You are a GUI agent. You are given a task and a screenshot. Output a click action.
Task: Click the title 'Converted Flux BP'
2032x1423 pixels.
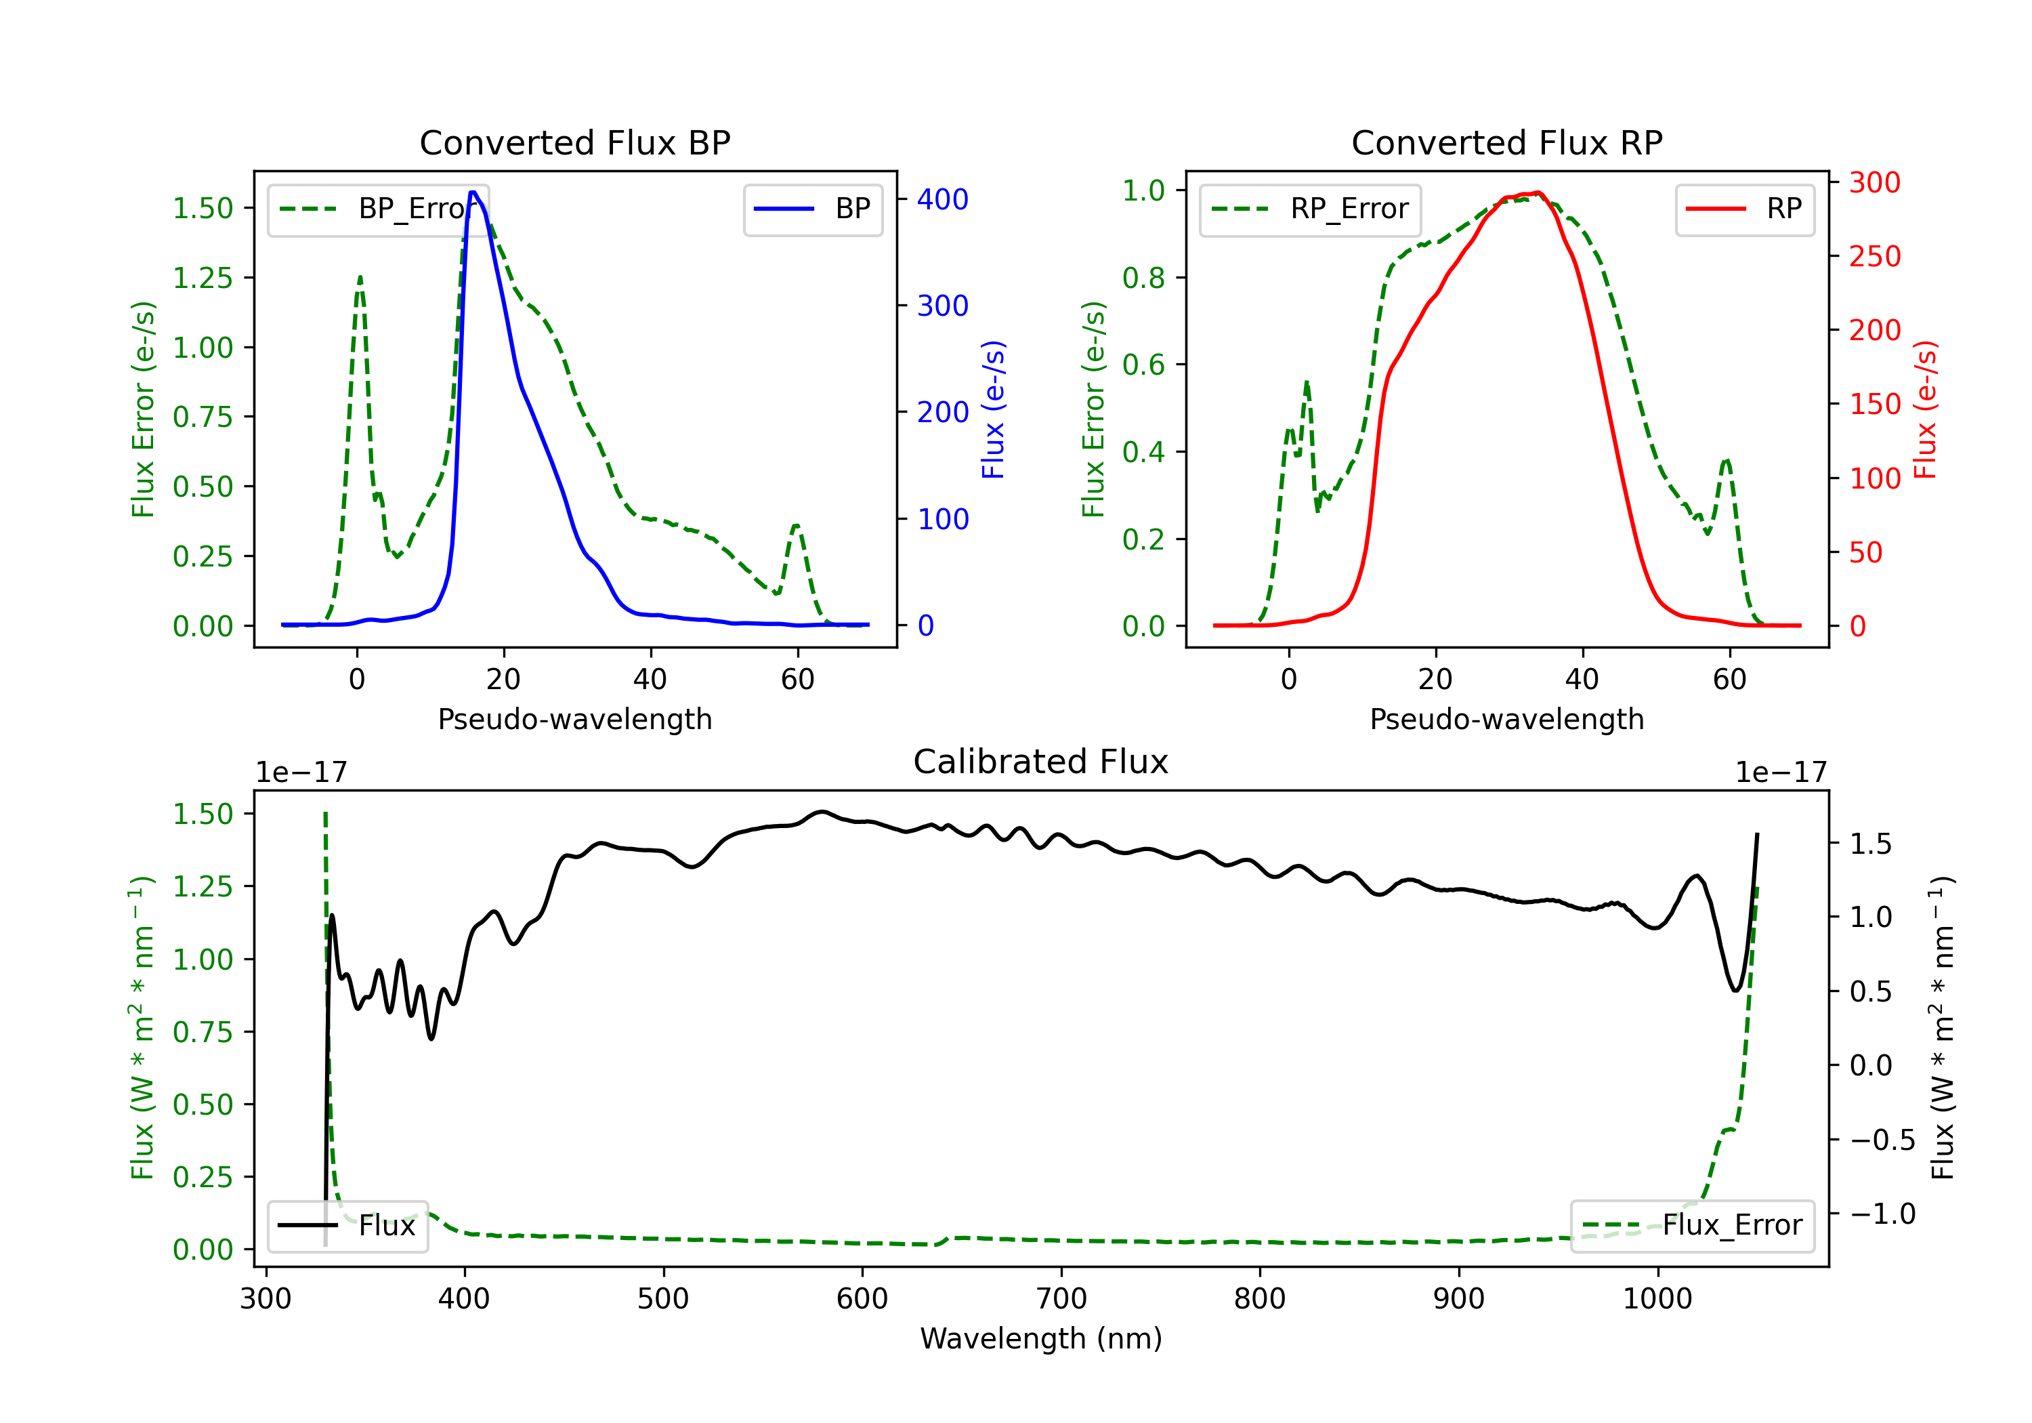(574, 142)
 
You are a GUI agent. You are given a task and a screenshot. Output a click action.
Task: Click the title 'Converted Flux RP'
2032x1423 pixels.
(1506, 142)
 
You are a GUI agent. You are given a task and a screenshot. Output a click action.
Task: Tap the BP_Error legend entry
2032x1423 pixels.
(379, 209)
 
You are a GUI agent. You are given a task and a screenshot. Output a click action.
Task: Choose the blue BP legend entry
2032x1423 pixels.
(812, 209)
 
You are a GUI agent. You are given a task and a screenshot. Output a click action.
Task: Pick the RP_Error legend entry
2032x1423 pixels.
(1310, 209)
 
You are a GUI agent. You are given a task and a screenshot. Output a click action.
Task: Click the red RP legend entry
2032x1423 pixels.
(1744, 209)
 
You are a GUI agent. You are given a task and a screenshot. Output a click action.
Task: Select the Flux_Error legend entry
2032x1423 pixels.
(1691, 1226)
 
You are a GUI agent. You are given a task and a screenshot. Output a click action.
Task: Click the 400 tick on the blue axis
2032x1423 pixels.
(943, 199)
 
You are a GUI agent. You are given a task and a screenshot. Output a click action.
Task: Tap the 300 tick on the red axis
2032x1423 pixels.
(1874, 182)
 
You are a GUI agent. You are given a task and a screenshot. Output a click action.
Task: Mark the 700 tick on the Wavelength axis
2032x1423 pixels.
(1061, 1298)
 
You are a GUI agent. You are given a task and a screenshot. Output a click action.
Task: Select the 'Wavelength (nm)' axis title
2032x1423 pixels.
(1041, 1338)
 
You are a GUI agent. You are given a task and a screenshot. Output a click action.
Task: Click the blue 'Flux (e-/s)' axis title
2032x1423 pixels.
(993, 409)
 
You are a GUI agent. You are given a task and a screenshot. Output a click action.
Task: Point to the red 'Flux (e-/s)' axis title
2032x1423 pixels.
(1926, 409)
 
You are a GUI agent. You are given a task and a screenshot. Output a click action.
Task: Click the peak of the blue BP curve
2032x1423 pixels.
(473, 192)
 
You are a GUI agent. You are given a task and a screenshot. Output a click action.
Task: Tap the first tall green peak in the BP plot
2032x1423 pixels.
(359, 278)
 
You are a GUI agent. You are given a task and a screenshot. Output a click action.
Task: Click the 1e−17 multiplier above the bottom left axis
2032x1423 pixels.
(301, 772)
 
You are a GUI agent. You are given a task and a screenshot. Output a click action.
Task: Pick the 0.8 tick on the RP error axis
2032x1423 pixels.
(1143, 278)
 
